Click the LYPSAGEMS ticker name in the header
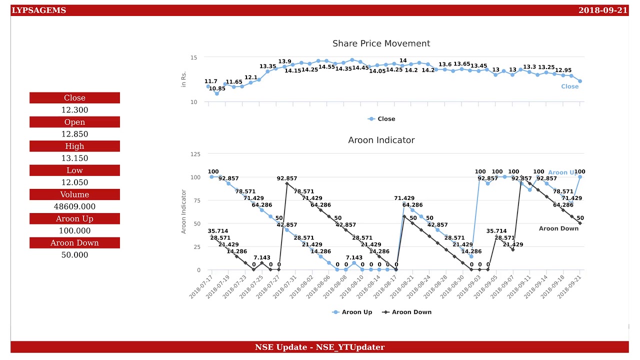(38, 10)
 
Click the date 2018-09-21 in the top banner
(602, 10)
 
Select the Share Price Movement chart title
(381, 43)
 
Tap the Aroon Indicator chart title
(381, 140)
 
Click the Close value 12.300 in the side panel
(74, 110)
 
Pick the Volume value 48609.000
(74, 206)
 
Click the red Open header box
(74, 122)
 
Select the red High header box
(74, 146)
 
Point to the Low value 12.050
(74, 182)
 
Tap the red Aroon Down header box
(74, 243)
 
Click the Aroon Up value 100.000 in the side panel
(74, 230)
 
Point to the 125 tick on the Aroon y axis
(195, 154)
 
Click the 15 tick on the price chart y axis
(193, 58)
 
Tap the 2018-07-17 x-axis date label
(201, 286)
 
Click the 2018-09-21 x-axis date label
(570, 286)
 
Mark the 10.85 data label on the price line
(217, 88)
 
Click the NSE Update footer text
(319, 347)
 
